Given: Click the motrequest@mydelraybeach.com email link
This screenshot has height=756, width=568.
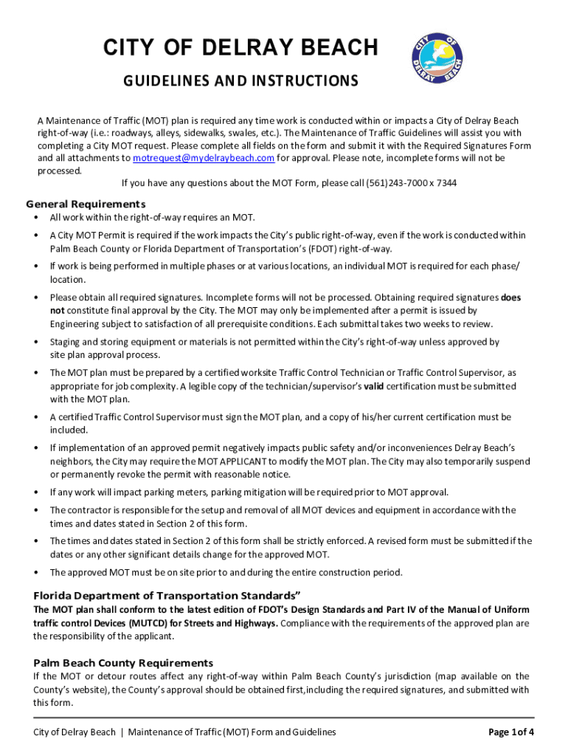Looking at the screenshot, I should pyautogui.click(x=203, y=158).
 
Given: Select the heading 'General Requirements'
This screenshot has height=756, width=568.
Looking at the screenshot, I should pyautogui.click(x=86, y=204).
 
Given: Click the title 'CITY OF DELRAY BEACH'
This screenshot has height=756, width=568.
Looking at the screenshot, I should pyautogui.click(x=240, y=49).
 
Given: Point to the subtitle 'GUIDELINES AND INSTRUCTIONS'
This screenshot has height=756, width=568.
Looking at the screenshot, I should pyautogui.click(x=240, y=80).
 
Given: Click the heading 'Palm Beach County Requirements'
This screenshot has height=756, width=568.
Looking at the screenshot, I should pyautogui.click(x=123, y=662).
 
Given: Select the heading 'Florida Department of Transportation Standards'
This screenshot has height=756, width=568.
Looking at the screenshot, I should pyautogui.click(x=167, y=595).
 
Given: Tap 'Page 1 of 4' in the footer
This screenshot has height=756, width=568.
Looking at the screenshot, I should pyautogui.click(x=511, y=732).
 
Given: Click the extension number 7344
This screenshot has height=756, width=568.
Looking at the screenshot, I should pyautogui.click(x=446, y=182).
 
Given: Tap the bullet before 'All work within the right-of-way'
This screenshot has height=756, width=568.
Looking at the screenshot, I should pyautogui.click(x=37, y=218).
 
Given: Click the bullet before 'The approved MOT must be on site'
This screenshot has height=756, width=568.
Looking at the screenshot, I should pyautogui.click(x=37, y=572).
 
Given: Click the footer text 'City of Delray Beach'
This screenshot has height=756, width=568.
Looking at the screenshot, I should pyautogui.click(x=74, y=732).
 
